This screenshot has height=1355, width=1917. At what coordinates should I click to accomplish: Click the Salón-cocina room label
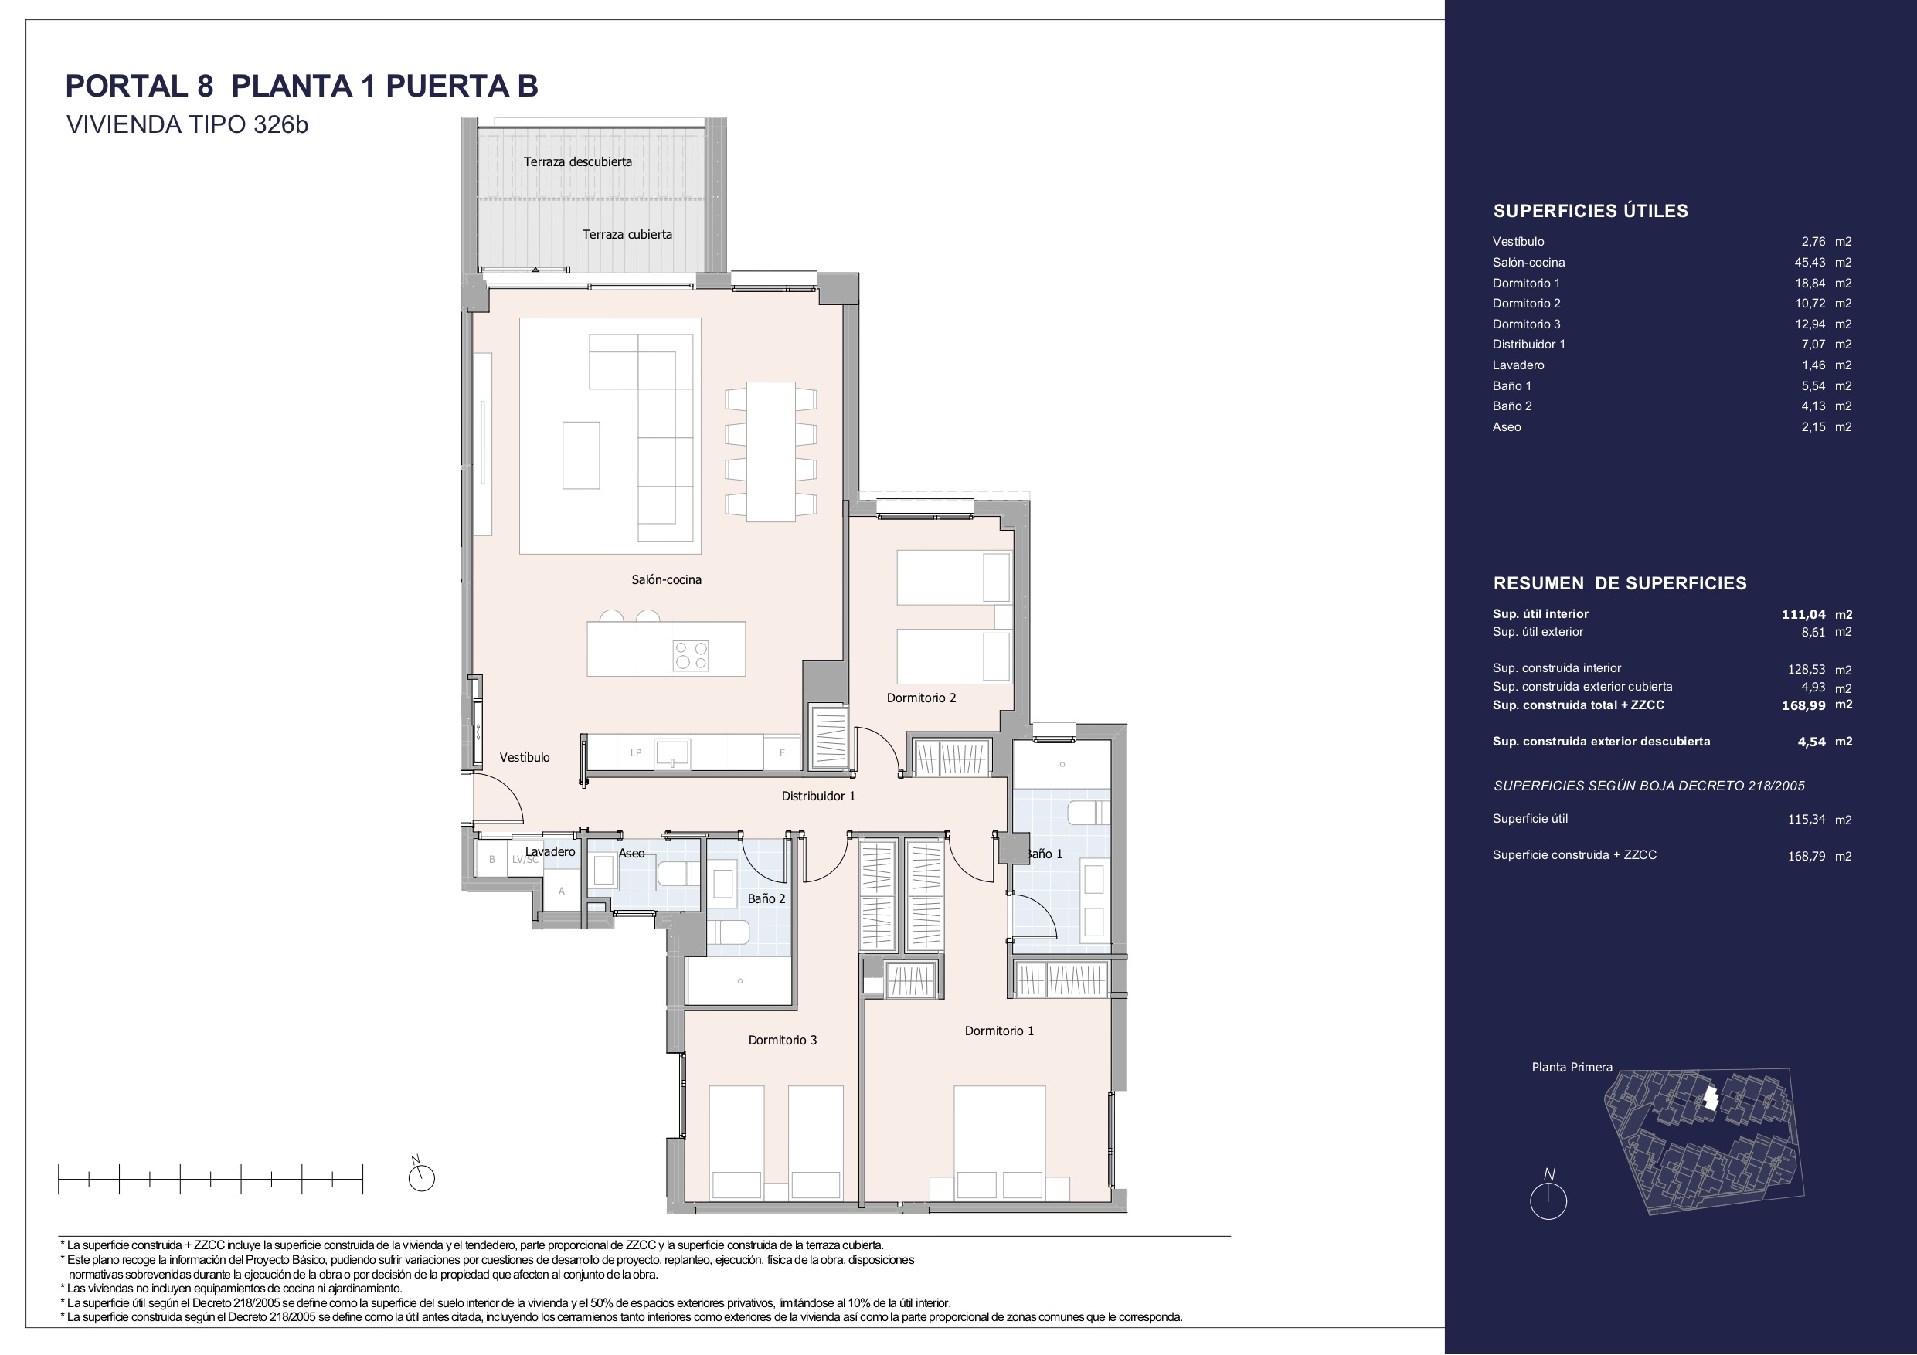(666, 579)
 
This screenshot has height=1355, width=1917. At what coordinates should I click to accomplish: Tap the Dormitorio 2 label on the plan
(921, 698)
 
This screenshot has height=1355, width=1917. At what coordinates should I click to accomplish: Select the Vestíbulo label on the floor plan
(525, 757)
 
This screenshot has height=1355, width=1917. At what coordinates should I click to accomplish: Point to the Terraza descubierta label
(578, 162)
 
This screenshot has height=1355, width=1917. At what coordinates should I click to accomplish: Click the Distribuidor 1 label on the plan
(818, 796)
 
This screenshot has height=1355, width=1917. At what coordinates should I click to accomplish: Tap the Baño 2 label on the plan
(766, 899)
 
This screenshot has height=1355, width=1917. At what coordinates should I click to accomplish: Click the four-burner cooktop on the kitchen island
(692, 655)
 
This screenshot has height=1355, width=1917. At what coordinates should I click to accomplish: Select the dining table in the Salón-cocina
(770, 452)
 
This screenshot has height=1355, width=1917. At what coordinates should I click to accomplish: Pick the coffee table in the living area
(581, 455)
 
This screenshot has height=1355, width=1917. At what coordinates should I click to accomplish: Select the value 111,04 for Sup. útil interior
(1803, 614)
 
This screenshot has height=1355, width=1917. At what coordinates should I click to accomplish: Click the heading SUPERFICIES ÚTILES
(1590, 211)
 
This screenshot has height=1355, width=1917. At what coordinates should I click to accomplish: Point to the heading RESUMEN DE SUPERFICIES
(1620, 583)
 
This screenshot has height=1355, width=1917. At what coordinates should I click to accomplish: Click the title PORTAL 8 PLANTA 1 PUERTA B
(302, 86)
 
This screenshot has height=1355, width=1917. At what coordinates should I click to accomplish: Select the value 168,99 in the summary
(1803, 705)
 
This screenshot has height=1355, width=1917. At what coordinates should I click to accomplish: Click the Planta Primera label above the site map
(1572, 1067)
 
